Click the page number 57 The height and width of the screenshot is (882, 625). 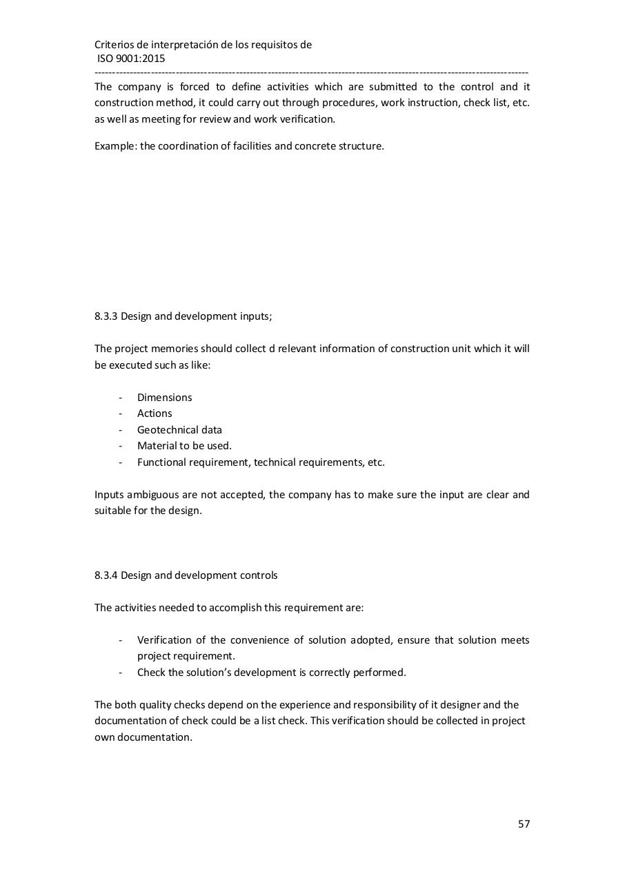pos(524,824)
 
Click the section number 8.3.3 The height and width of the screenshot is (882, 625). pos(106,316)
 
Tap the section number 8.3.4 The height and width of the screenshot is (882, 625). pos(106,575)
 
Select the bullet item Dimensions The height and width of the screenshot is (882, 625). pos(164,398)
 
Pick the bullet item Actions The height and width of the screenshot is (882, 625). pos(155,413)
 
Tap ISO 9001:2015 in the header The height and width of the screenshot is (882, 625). pos(131,59)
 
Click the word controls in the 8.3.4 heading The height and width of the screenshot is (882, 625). pos(258,575)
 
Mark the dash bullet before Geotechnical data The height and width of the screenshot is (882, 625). pos(121,430)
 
